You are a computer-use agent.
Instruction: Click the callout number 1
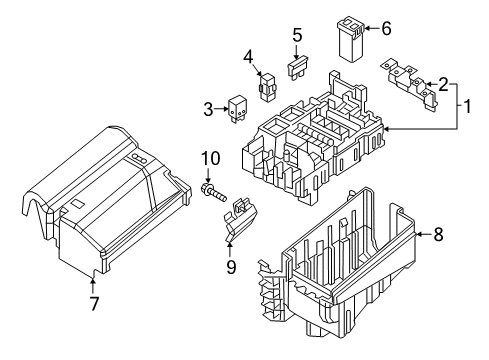coord(468,106)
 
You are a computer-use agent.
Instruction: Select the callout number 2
coord(444,84)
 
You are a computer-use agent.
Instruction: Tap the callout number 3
coord(208,109)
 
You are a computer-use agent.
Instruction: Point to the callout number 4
coord(248,57)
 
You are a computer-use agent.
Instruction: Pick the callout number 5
coord(297,35)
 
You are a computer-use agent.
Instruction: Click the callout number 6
coord(386,28)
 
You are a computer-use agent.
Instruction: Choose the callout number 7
coord(94,303)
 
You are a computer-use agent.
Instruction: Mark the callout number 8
coord(438,234)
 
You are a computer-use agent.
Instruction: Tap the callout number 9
coord(231,267)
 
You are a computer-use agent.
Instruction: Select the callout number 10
coord(211,159)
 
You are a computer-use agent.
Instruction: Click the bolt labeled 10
coord(213,193)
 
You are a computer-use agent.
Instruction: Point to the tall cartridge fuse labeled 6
coord(350,41)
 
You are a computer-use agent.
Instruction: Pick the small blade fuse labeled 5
coord(297,68)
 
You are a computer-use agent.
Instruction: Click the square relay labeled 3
coord(237,108)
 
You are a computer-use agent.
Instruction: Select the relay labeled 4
coord(267,87)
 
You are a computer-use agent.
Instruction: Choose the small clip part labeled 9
coord(240,220)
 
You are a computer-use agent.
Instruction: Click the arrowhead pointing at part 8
coord(419,234)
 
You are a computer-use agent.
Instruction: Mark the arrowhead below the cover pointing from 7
coord(92,279)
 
